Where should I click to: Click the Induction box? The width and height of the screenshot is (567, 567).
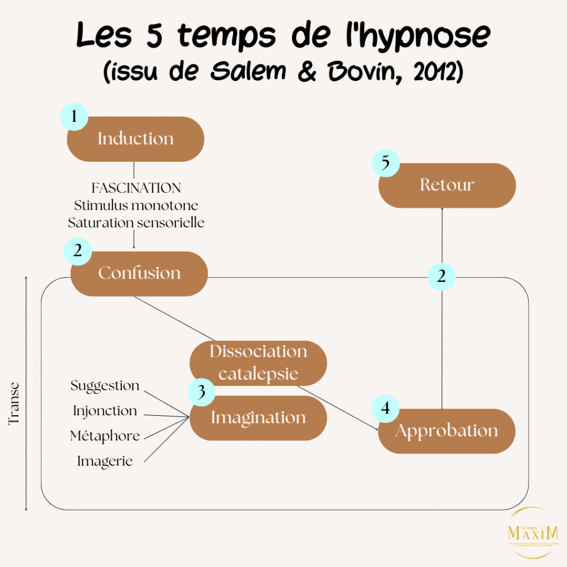click(136, 139)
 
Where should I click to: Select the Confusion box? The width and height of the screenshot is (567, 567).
click(140, 274)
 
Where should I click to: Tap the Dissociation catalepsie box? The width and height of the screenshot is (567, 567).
click(258, 363)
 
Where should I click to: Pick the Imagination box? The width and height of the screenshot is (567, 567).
click(258, 418)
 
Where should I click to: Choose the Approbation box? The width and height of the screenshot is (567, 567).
click(446, 431)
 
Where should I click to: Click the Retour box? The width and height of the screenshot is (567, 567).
click(447, 185)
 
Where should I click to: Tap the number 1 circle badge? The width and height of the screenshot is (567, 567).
click(74, 116)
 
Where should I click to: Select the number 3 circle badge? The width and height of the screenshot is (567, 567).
click(202, 392)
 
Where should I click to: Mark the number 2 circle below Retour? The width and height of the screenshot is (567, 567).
click(441, 276)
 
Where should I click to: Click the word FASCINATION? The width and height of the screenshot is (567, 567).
click(136, 188)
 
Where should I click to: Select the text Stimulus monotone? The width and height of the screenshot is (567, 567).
click(136, 205)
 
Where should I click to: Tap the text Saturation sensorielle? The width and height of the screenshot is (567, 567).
click(136, 223)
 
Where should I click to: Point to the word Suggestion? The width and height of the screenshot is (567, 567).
click(105, 385)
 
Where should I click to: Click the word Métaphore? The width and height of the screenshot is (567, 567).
click(105, 436)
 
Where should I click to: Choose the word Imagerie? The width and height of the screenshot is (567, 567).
click(105, 461)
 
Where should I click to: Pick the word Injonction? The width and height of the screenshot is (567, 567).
click(105, 411)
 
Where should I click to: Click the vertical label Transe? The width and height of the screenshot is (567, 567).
click(14, 403)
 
